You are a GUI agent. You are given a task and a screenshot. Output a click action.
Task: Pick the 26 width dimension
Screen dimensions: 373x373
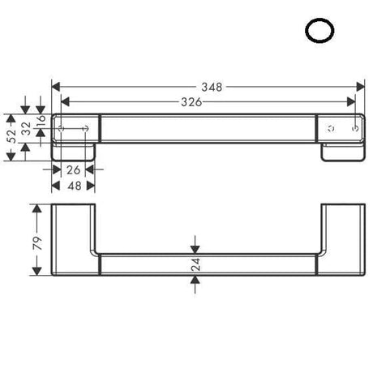click(x=72, y=171)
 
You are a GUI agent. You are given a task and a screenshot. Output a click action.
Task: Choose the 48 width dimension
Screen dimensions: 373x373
click(x=72, y=186)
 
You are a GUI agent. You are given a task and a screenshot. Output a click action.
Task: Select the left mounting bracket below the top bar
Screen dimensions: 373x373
click(x=75, y=152)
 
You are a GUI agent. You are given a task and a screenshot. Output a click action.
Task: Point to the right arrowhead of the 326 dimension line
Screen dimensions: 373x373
click(x=352, y=101)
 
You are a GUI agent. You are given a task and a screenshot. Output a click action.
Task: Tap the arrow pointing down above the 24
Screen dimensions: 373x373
click(x=195, y=247)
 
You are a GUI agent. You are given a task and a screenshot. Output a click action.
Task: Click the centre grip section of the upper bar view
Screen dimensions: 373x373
click(x=207, y=129)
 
